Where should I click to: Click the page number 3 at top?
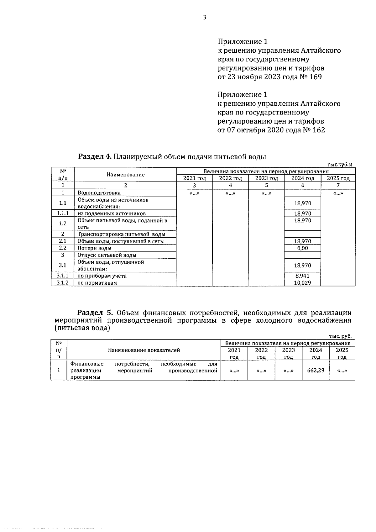pos(204,18)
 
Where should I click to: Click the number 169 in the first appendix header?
pos(315,77)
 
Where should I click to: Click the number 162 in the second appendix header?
pos(318,130)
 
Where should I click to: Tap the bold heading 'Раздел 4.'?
pos(95,156)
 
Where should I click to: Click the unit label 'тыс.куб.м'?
pos(339,164)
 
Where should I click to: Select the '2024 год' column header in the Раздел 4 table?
pos(303,178)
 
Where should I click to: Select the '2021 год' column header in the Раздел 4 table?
pos(195,178)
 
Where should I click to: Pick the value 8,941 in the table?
pos(303,276)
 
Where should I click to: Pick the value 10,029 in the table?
pos(303,283)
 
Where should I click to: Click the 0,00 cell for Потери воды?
pos(303,248)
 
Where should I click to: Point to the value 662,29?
pos(316,370)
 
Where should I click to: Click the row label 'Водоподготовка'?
pos(99,193)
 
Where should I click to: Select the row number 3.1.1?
pos(62,276)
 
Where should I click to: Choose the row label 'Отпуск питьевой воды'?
pos(107,255)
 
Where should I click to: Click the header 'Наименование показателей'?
pos(144,350)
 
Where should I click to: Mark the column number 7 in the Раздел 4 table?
pos(338,185)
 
